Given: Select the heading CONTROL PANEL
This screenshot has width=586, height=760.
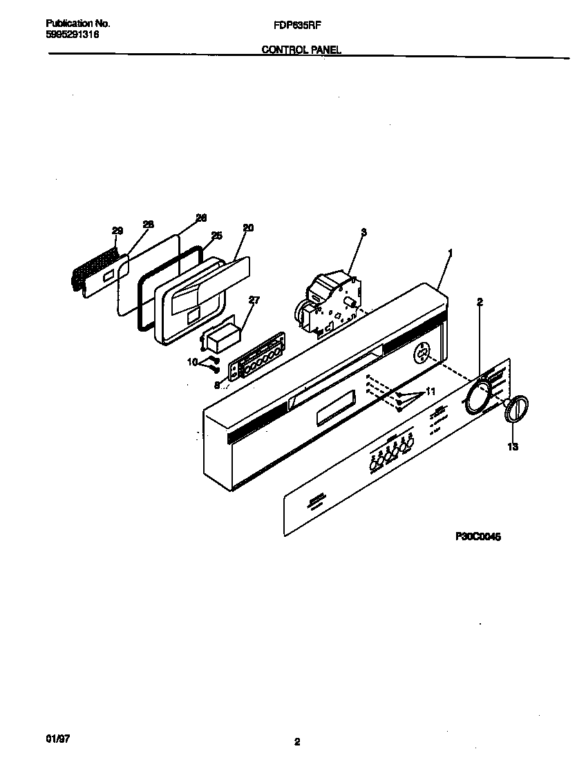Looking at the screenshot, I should click(301, 50).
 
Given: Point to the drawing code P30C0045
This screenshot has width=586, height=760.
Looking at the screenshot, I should click(478, 535).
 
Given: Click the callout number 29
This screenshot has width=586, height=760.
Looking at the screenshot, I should click(117, 231).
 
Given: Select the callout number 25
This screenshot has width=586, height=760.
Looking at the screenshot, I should click(216, 236).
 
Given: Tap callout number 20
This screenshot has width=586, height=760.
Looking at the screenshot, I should click(248, 227).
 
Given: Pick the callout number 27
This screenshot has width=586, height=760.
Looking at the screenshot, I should click(254, 301).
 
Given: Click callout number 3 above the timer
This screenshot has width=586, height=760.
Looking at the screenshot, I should click(364, 231).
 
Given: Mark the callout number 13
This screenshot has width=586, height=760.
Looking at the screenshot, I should click(512, 447).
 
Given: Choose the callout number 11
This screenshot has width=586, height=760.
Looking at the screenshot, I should click(430, 392).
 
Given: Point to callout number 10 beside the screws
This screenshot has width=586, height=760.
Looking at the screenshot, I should click(192, 361).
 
